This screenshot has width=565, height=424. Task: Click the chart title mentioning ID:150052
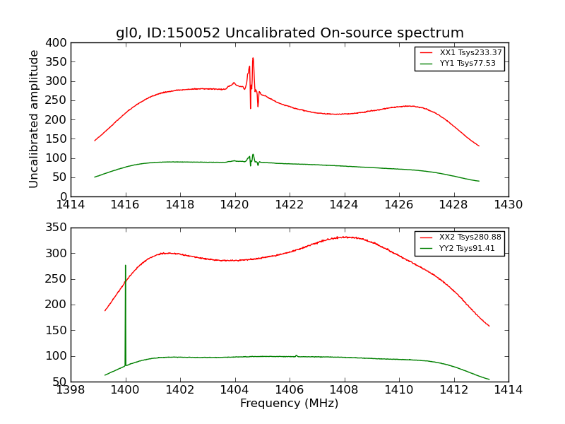[290, 33]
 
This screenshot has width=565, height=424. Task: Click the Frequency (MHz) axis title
[290, 404]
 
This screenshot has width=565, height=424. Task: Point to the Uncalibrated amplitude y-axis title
[34, 119]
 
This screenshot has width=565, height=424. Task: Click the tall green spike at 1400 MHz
[126, 266]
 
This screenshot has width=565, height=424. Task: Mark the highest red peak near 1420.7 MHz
[253, 59]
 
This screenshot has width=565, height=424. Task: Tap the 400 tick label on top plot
[58, 43]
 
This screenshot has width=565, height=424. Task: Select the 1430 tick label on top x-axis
[509, 205]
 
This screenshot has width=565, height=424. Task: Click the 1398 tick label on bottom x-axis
[71, 390]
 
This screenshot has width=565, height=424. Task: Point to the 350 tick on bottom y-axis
[58, 228]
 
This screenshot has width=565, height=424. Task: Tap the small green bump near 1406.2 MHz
[296, 355]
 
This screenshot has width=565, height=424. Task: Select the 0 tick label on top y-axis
[64, 196]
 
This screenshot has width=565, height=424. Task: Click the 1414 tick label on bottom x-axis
[509, 390]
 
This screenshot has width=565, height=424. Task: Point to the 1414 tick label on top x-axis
[71, 205]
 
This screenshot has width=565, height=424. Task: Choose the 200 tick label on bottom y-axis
[58, 305]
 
